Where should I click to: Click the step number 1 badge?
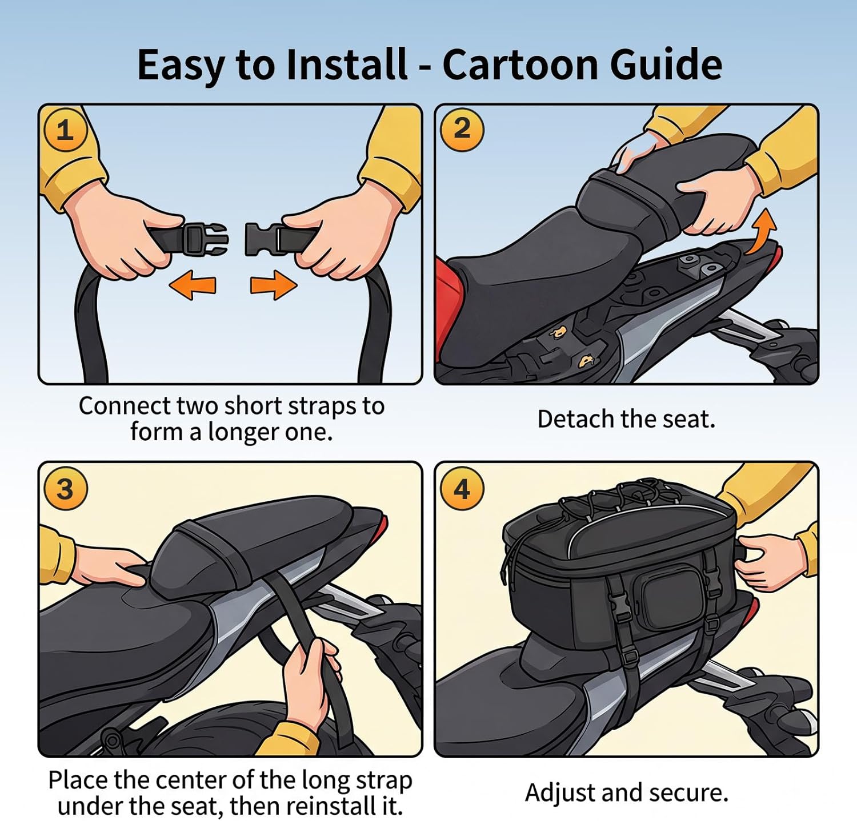pyautogui.click(x=65, y=130)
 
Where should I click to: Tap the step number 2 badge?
pyautogui.click(x=462, y=129)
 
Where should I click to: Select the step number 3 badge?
pyautogui.click(x=65, y=489)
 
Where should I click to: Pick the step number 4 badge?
pyautogui.click(x=462, y=489)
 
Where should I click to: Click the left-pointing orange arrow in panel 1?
pyautogui.click(x=193, y=284)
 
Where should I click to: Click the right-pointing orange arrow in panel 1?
pyautogui.click(x=274, y=284)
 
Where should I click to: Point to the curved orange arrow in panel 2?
pyautogui.click(x=762, y=231)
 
